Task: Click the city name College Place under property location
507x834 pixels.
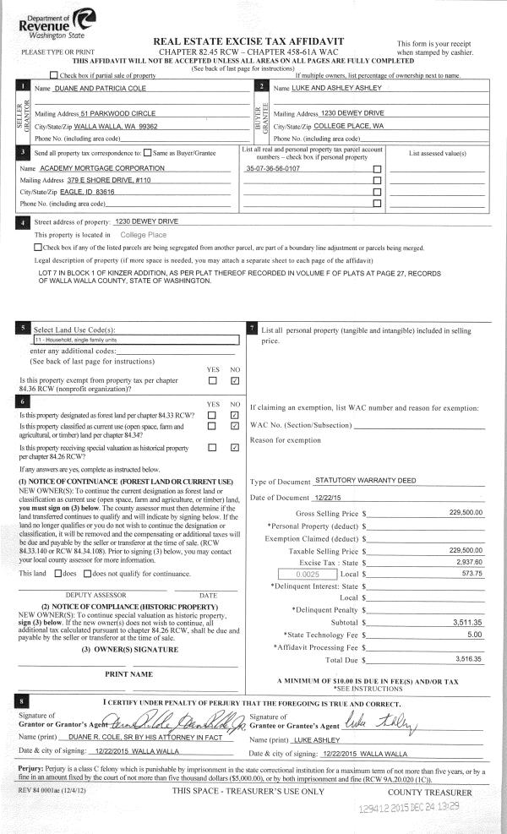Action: click(x=144, y=234)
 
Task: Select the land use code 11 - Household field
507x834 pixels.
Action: click(x=134, y=339)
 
